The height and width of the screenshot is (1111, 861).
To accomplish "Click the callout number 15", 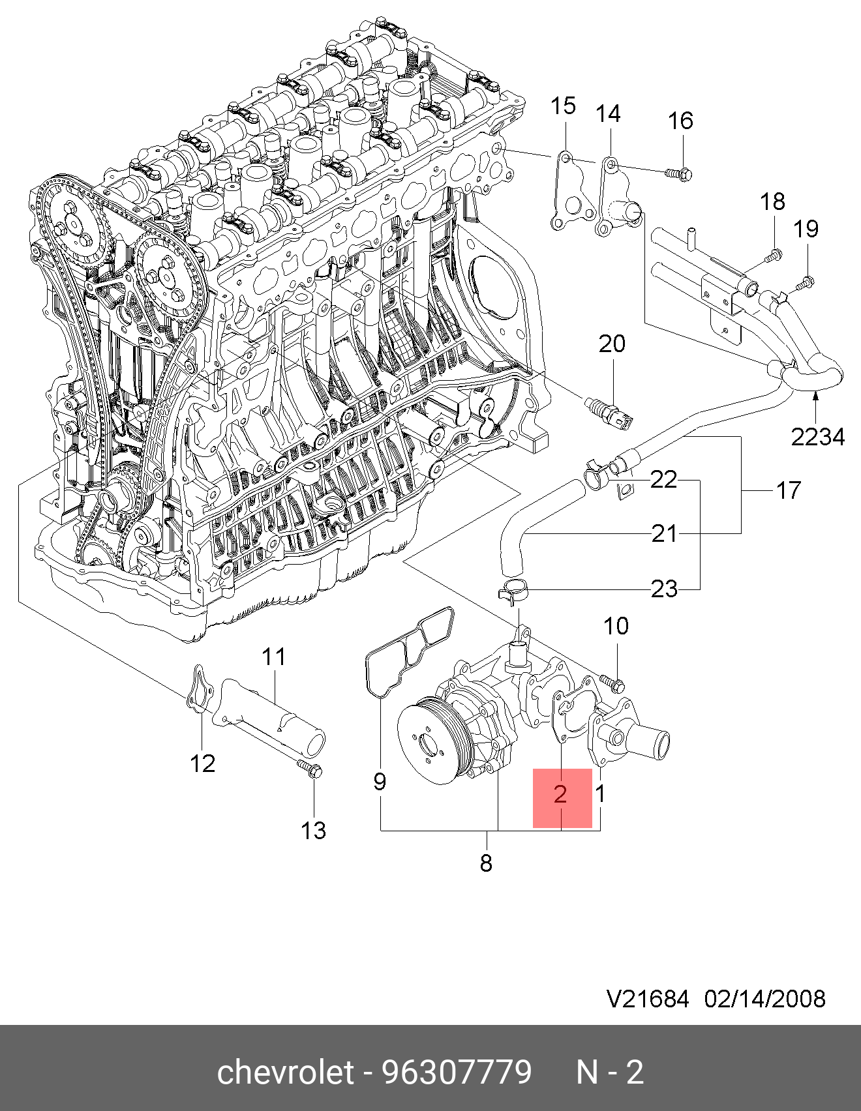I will [564, 106].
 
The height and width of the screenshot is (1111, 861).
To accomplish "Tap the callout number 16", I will [680, 121].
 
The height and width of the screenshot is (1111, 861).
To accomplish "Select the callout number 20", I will [612, 344].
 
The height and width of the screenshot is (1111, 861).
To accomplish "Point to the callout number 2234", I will [818, 437].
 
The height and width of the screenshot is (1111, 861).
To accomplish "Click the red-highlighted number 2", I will [561, 794].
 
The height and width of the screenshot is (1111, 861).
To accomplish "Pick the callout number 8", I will [486, 863].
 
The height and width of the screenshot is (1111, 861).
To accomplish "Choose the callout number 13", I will [313, 831].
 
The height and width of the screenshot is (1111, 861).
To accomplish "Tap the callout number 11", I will [274, 657].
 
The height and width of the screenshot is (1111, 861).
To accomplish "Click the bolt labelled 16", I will [678, 174].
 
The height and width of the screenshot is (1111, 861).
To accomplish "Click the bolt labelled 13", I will [309, 769].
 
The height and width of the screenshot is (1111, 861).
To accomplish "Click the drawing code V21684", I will [648, 999].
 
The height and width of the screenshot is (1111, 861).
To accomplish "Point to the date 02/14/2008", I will [764, 999].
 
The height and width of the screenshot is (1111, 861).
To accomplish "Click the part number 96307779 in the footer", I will [457, 1072].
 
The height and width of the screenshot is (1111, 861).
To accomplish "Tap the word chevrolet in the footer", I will [285, 1072].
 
